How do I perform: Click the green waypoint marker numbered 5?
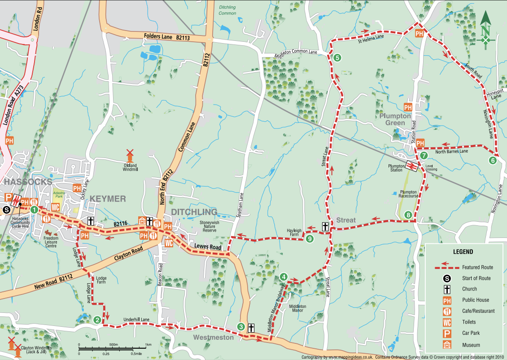pyautogui.click(x=337, y=57)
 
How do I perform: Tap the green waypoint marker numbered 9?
pyautogui.click(x=310, y=239)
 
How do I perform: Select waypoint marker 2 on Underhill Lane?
pyautogui.click(x=97, y=320)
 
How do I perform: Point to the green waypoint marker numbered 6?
pyautogui.click(x=493, y=160)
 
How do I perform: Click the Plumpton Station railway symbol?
pyautogui.click(x=411, y=166)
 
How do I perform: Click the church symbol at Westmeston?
pyautogui.click(x=251, y=328)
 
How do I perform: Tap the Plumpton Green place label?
pyautogui.click(x=395, y=119)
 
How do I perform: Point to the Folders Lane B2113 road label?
pyautogui.click(x=167, y=37)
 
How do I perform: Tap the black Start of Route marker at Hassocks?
pyautogui.click(x=6, y=209)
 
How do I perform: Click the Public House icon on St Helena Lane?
pyautogui.click(x=420, y=33)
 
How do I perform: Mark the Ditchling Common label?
pyautogui.click(x=227, y=10)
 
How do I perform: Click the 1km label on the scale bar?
pyautogui.click(x=148, y=345)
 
